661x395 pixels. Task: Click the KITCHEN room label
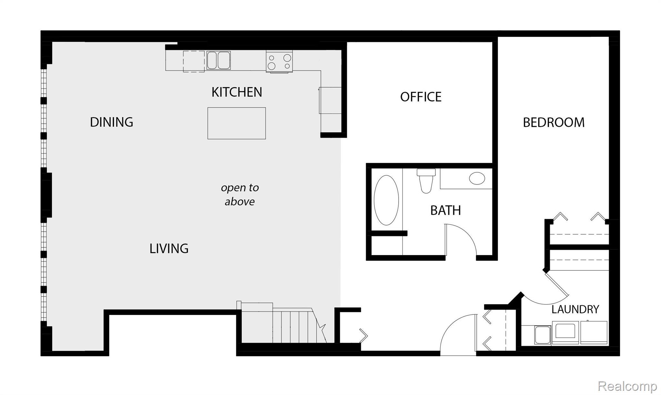coord(237,92)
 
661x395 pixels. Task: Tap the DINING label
coord(111,122)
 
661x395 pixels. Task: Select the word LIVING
coord(169,248)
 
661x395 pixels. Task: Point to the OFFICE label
coord(421,97)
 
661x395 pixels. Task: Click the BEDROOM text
coord(554,122)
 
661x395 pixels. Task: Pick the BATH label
coord(445,211)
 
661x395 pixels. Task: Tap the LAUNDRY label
coord(575,309)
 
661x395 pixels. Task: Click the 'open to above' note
coord(240,194)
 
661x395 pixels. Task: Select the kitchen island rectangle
coord(237,123)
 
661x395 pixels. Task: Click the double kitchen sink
coord(219,60)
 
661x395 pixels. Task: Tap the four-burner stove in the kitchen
coord(280,61)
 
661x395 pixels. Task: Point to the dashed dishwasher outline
coord(194,61)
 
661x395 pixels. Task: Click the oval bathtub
coord(386,200)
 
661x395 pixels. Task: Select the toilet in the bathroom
coord(426,181)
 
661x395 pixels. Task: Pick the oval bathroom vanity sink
coord(477,178)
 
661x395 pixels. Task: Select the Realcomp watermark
coord(627,386)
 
